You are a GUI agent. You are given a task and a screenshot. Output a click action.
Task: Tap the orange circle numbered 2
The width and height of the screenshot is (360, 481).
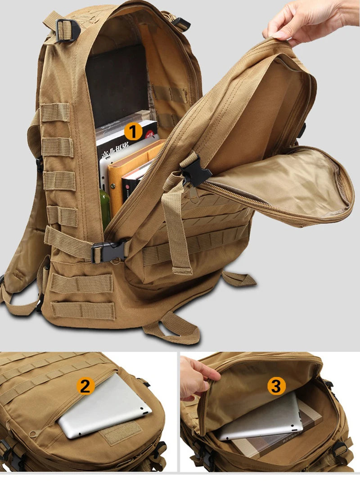[x=85, y=386]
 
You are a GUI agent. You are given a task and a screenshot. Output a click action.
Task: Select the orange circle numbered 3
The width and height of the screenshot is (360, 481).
[x=277, y=386]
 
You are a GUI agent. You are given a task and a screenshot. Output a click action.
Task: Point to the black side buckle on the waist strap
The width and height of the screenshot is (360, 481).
[x=108, y=251]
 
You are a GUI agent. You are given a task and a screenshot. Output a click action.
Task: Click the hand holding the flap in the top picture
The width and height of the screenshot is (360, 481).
[x=310, y=22]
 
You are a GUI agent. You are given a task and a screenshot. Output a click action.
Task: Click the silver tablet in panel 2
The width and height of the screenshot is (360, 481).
[x=106, y=407]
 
